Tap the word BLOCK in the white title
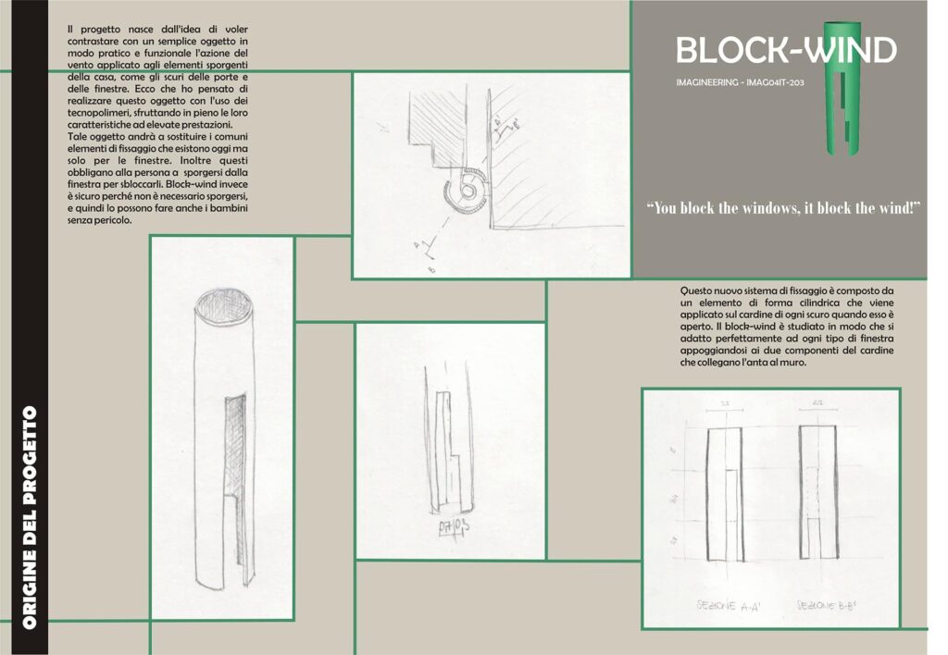coord(730,49)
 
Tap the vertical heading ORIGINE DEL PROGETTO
coord(31,517)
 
